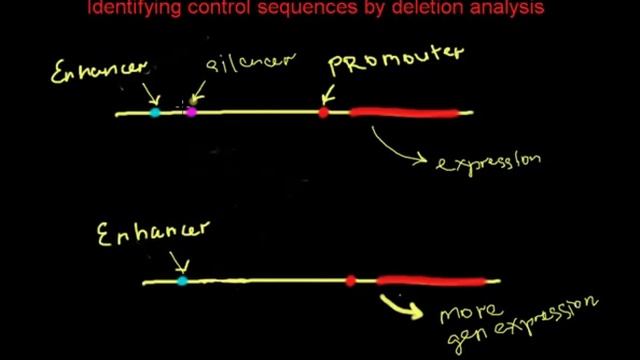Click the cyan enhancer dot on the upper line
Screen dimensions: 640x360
pyautogui.click(x=155, y=113)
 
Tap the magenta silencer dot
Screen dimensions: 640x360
pyautogui.click(x=191, y=113)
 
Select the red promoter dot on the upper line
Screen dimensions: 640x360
pyautogui.click(x=323, y=113)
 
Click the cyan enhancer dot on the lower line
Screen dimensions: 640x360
pyautogui.click(x=181, y=282)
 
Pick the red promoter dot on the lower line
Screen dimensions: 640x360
pyautogui.click(x=350, y=281)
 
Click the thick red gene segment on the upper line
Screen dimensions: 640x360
pyautogui.click(x=405, y=113)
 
